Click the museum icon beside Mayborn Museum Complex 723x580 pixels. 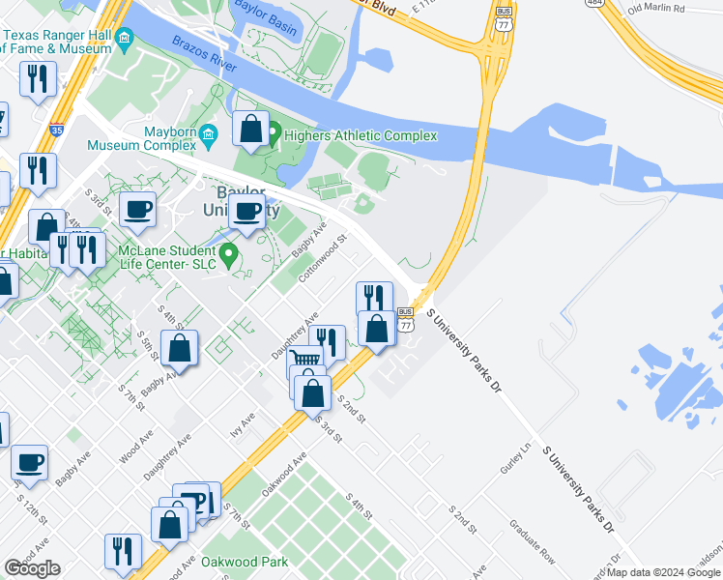click(x=208, y=144)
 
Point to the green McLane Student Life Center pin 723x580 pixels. click(x=229, y=255)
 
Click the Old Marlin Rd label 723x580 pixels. click(x=655, y=10)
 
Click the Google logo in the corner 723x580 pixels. click(x=33, y=568)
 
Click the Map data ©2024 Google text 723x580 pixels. click(x=664, y=572)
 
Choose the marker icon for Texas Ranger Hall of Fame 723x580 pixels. click(x=124, y=41)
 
